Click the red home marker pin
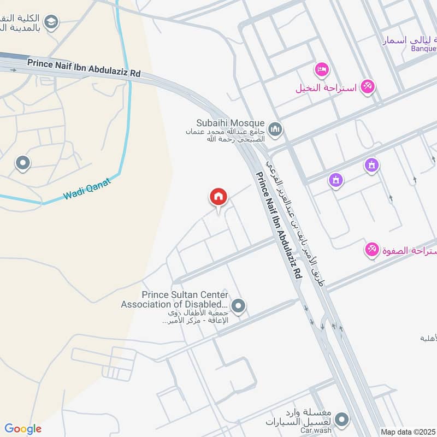[x=218, y=197]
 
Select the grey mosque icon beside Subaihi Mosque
[x=276, y=129]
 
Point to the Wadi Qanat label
[x=87, y=187]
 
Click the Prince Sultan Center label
[x=185, y=295]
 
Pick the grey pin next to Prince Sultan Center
[x=238, y=306]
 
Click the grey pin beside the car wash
[x=342, y=420]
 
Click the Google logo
[x=23, y=429]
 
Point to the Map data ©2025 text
[x=408, y=432]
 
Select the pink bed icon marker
[x=321, y=69]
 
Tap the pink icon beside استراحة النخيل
[x=368, y=86]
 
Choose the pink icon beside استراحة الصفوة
[x=372, y=250]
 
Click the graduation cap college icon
[x=51, y=22]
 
